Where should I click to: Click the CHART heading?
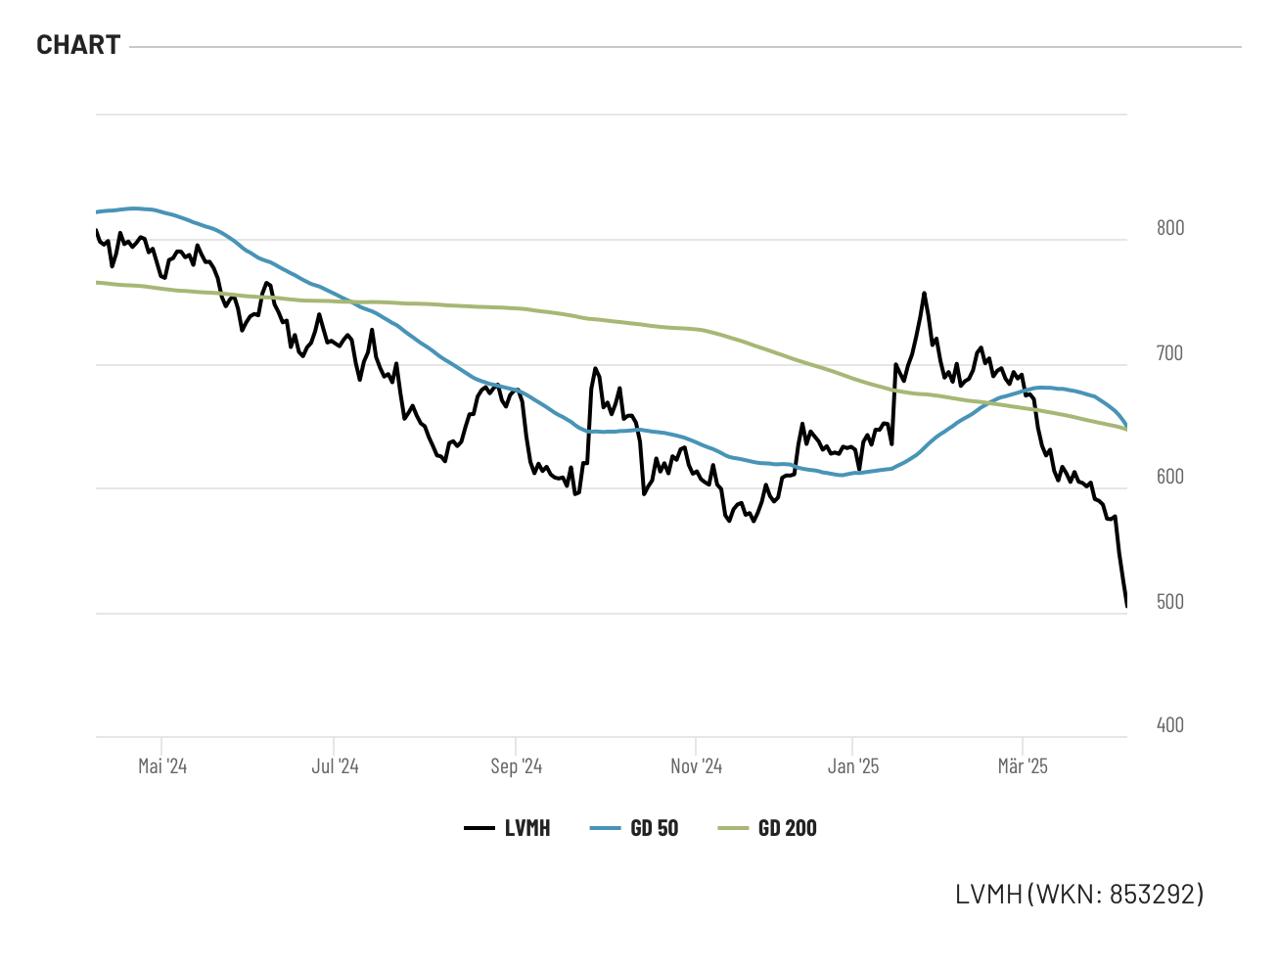click(78, 45)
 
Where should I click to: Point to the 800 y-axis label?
click(1170, 228)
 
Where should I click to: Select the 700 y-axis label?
click(1170, 353)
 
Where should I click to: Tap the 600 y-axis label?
click(1170, 477)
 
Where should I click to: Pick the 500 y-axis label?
click(1170, 602)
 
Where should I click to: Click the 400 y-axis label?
click(1170, 725)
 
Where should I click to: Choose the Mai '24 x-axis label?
click(162, 766)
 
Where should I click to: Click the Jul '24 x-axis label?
click(335, 766)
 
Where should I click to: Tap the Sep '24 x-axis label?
click(516, 766)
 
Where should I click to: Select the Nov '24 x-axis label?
click(696, 766)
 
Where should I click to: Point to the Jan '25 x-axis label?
click(853, 766)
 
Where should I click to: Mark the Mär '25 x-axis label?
click(1023, 766)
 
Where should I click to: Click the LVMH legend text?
click(527, 829)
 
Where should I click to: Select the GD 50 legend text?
click(655, 829)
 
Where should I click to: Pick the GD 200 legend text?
click(788, 829)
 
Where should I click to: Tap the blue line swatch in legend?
click(606, 829)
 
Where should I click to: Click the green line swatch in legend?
click(733, 829)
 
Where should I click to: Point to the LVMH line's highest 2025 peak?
click(924, 293)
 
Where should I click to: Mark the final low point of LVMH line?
click(1126, 606)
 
